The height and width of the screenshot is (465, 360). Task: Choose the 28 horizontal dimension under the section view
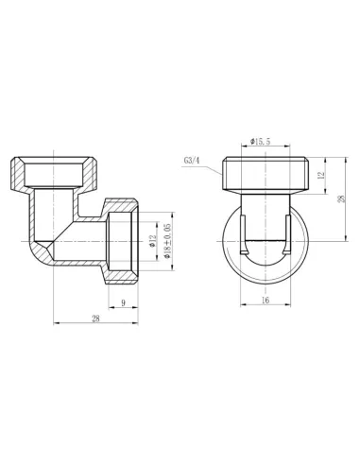point(95,319)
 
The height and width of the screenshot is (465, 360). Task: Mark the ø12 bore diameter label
point(152,241)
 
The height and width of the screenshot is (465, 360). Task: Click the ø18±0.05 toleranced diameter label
point(164,234)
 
